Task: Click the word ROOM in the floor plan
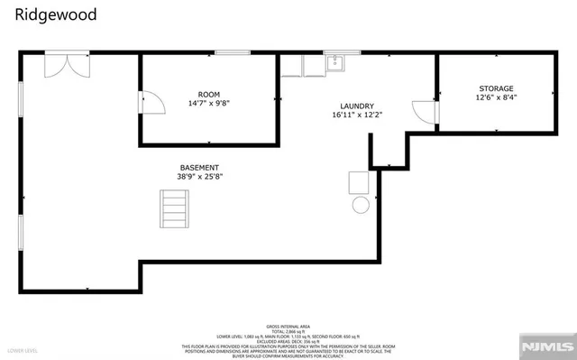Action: pyautogui.click(x=209, y=94)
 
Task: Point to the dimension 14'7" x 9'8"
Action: pyautogui.click(x=209, y=104)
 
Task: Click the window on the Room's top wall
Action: pyautogui.click(x=233, y=53)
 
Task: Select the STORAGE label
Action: pyautogui.click(x=496, y=88)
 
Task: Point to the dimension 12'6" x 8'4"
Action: pyautogui.click(x=496, y=97)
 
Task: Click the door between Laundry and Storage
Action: pyautogui.click(x=425, y=112)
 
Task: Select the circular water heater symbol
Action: pyautogui.click(x=361, y=205)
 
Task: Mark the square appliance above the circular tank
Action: pyautogui.click(x=359, y=181)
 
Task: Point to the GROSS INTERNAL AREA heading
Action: pyautogui.click(x=288, y=326)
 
